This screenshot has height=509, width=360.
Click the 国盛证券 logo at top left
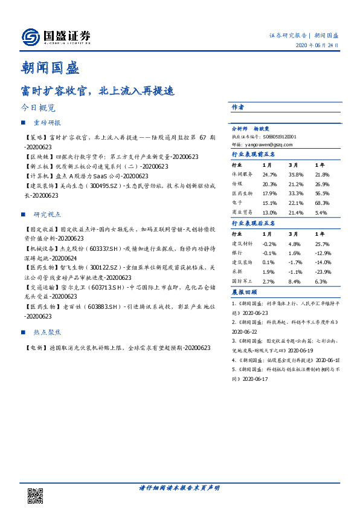(x=56, y=37)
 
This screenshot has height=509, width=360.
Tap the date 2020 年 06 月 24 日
(x=317, y=45)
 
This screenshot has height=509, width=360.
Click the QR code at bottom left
(x=36, y=495)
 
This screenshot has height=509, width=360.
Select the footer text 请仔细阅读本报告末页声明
(x=180, y=487)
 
